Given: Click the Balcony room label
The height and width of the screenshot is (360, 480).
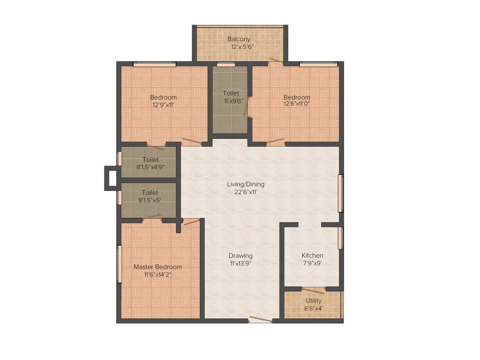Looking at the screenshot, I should pos(239,39).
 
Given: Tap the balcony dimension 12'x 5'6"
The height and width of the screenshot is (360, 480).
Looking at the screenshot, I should pos(242,47).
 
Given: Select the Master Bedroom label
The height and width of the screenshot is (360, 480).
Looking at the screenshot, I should pos(157,267).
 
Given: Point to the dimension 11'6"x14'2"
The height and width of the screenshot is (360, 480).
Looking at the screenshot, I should pos(157,274).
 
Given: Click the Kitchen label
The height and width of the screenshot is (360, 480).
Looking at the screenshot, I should pos(312,255).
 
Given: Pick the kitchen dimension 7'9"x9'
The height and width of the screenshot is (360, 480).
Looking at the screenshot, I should pos(312,263).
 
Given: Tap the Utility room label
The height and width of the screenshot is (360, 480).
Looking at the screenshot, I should pos(314,300).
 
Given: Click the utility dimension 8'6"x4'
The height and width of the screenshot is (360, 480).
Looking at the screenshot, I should pos(314,308).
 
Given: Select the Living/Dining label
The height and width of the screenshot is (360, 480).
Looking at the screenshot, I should pos(243,184).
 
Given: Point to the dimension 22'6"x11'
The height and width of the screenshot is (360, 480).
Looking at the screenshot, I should pos(243,192).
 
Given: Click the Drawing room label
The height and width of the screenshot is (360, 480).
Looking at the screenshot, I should pos(240,255).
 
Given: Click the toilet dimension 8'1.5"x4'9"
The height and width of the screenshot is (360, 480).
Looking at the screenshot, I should pos(150,167).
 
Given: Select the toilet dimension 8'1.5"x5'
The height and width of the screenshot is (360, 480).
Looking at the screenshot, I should pos(150,200).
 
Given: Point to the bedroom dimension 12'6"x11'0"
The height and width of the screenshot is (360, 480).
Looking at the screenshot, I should pos(297,104).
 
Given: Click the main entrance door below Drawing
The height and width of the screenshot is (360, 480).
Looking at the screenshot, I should pos(260,320).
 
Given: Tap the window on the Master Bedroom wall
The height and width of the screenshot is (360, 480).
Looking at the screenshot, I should pos(119,263).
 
